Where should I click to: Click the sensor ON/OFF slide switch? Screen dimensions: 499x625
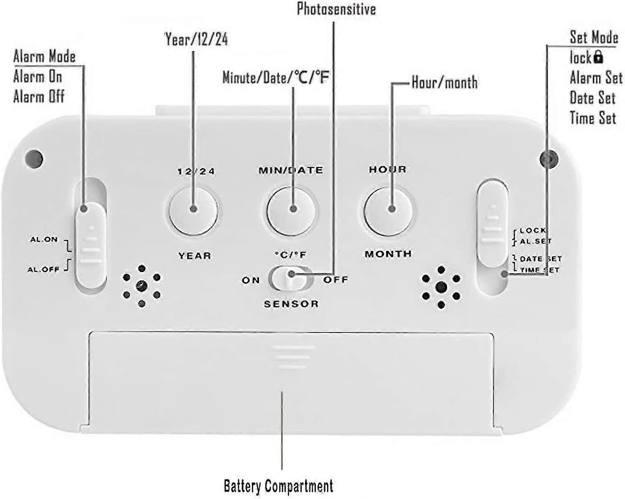click(291, 278)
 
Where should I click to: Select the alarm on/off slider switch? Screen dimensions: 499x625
click(91, 244)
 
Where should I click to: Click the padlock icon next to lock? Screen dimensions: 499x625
click(598, 57)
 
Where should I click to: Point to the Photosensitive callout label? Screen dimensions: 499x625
click(336, 9)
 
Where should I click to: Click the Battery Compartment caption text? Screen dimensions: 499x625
click(278, 486)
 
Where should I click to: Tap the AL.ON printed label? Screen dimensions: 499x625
click(44, 239)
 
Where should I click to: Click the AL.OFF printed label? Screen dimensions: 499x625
click(43, 270)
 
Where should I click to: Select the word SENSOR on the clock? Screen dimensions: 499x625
click(291, 304)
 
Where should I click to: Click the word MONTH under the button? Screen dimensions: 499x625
click(388, 254)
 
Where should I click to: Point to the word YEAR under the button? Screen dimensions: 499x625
click(195, 255)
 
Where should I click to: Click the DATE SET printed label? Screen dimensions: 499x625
click(541, 259)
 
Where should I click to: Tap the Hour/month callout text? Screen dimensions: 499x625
click(445, 82)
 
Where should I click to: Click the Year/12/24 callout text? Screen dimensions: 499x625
click(196, 39)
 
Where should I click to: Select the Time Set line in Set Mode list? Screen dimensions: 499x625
click(593, 118)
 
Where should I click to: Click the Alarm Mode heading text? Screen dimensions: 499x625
click(44, 56)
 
